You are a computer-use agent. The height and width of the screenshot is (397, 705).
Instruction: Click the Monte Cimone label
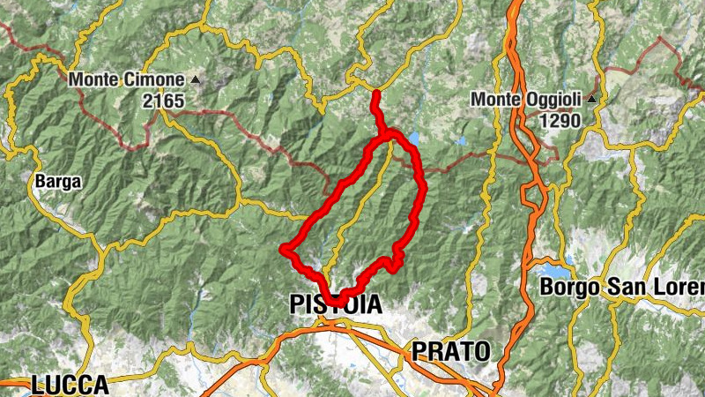pos(127,79)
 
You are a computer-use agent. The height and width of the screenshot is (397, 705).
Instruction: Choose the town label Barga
pos(58,182)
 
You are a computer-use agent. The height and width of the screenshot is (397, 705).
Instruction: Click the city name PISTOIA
pos(336,305)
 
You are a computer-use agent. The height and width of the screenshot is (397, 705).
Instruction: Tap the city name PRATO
pos(450,351)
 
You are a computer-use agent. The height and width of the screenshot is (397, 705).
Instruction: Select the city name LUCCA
pos(70,385)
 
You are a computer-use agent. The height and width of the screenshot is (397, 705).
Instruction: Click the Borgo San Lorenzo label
pos(622,288)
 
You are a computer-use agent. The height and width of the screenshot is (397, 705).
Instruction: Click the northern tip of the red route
pos(375,94)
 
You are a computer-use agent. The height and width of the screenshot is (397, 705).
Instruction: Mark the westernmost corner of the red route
pos(285,250)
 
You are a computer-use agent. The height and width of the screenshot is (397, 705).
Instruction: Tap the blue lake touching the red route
pos(413,139)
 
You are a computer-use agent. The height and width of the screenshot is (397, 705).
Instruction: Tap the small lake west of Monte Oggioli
pos(461,141)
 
